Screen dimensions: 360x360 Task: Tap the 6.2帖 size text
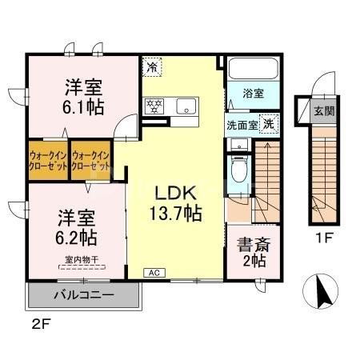pyautogui.click(x=77, y=237)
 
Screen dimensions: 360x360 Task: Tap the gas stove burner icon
pyautogui.click(x=154, y=105)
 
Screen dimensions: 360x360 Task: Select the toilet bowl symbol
pyautogui.click(x=238, y=169)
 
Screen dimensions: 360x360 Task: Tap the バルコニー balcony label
pyautogui.click(x=83, y=295)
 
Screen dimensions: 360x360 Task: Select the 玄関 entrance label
pyautogui.click(x=324, y=112)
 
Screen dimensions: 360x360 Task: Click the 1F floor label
pyautogui.click(x=322, y=238)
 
